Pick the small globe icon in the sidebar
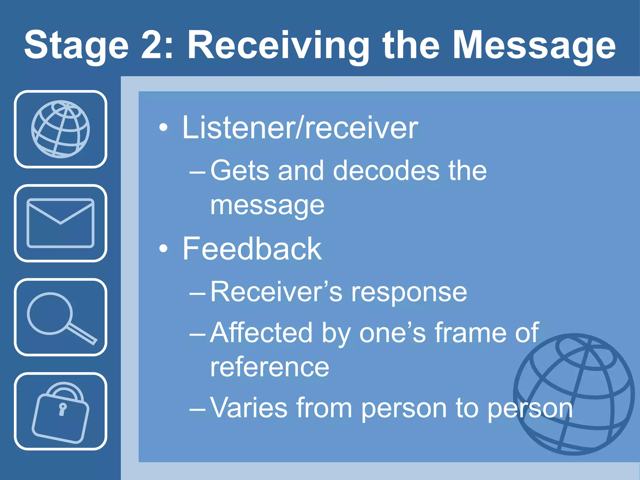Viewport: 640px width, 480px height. [60, 129]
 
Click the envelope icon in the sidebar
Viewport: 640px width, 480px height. [60, 223]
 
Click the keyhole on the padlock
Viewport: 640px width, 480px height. [62, 409]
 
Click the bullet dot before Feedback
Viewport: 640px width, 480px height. [163, 249]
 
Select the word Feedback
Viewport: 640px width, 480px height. [252, 249]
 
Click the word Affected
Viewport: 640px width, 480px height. [261, 332]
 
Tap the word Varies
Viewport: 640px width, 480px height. [249, 407]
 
